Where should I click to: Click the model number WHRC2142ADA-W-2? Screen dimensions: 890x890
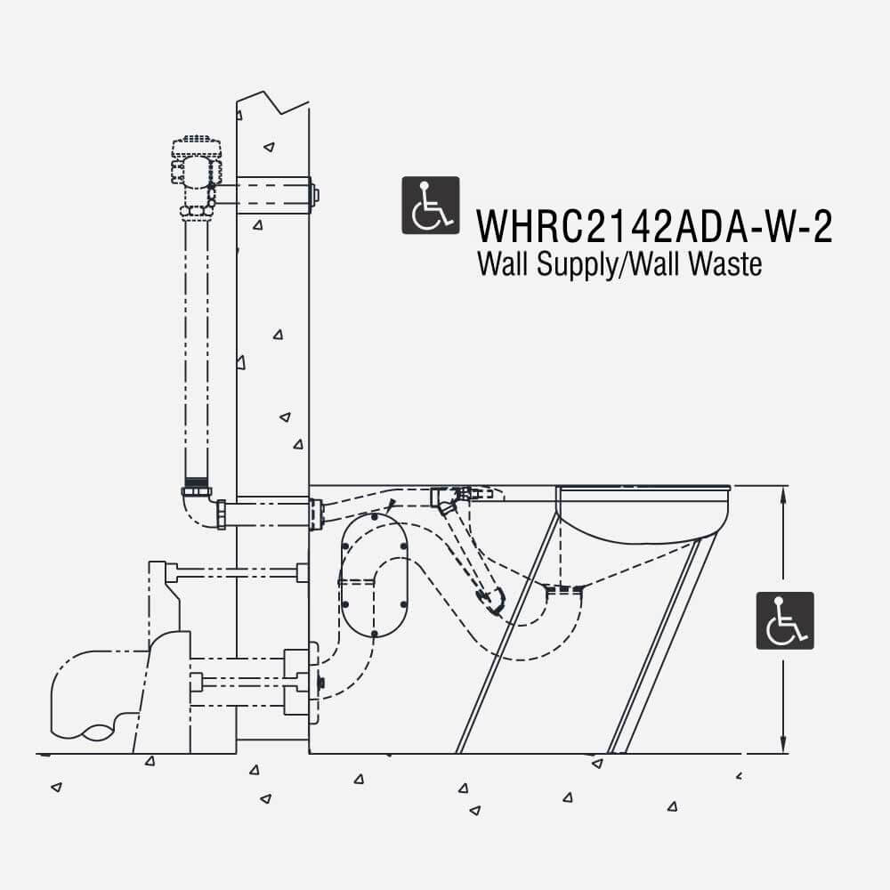pyautogui.click(x=654, y=226)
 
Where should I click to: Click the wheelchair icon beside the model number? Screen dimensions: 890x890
pyautogui.click(x=431, y=206)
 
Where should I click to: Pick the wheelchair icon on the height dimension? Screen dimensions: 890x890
pyautogui.click(x=784, y=620)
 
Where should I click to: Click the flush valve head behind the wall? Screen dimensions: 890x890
pyautogui.click(x=196, y=160)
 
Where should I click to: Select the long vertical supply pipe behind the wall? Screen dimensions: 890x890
pyautogui.click(x=196, y=347)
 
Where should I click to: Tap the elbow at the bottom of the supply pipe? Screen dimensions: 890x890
pyautogui.click(x=198, y=509)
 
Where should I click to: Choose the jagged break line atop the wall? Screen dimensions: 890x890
pyautogui.click(x=273, y=102)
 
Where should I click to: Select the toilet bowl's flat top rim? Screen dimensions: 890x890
pyautogui.click(x=643, y=488)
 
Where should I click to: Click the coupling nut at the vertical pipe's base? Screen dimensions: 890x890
pyautogui.click(x=196, y=489)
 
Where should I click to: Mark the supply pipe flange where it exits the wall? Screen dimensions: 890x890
pyautogui.click(x=314, y=514)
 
